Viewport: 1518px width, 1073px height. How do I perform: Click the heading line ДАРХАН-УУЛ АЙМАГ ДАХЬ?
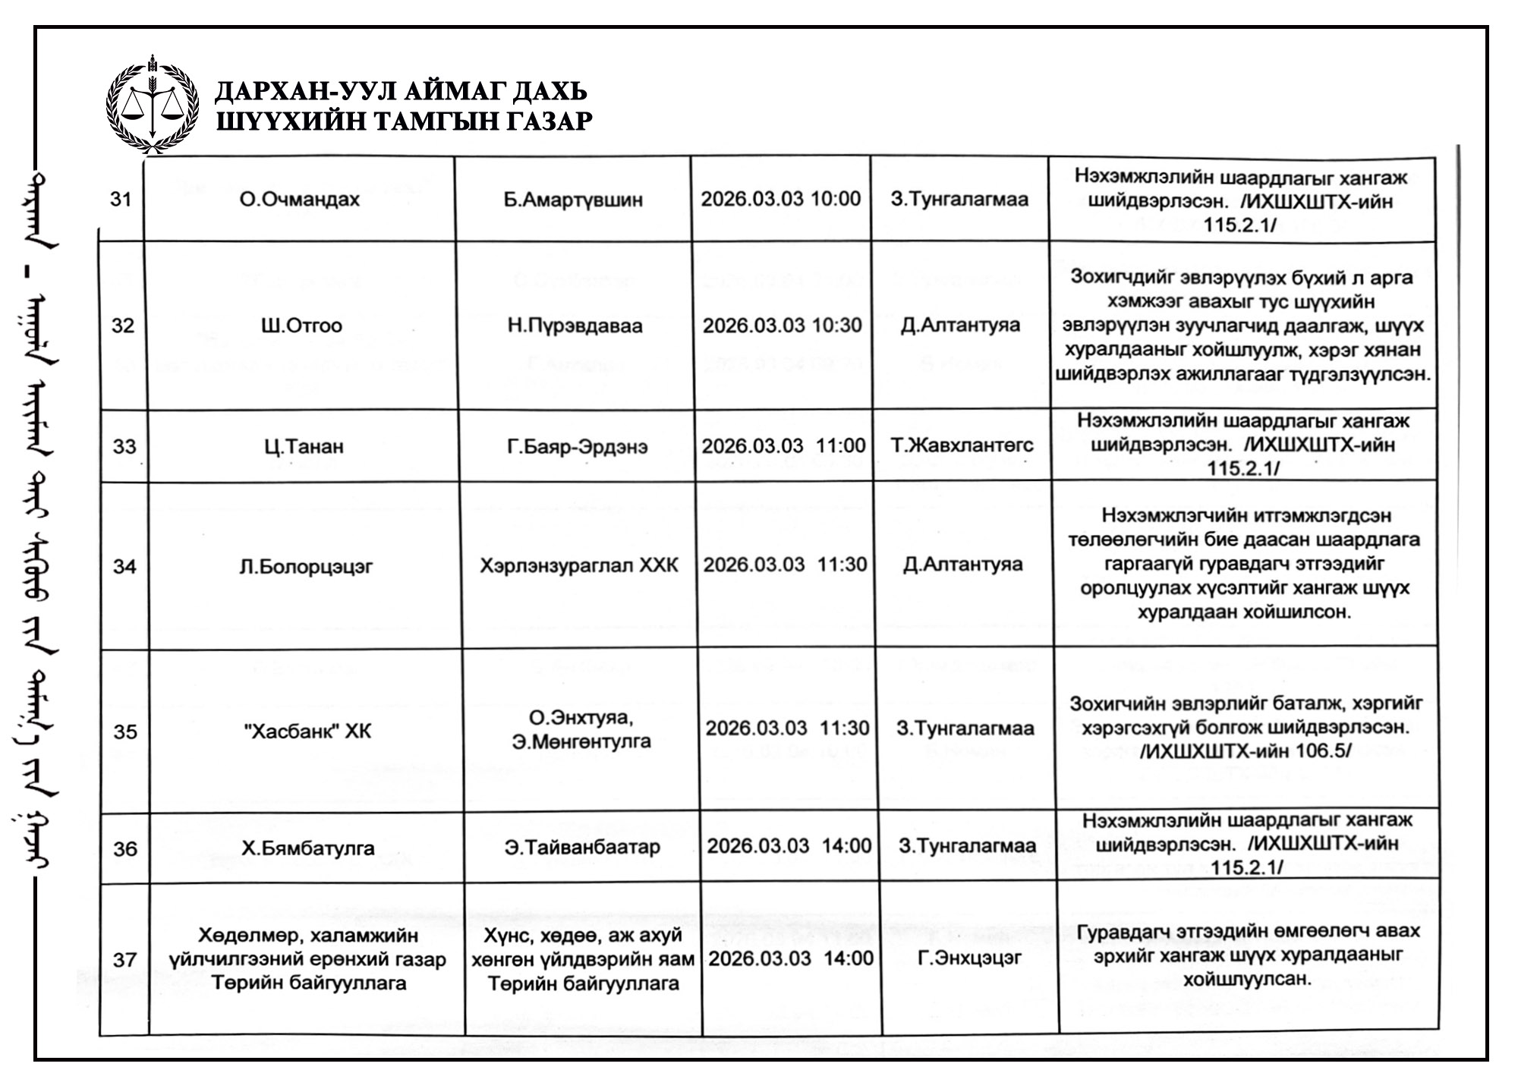tap(402, 92)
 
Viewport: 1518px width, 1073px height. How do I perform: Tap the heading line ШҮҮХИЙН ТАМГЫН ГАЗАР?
tap(404, 121)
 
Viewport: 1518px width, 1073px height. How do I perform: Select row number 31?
tap(121, 200)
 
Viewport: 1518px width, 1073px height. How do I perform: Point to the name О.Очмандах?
tap(300, 200)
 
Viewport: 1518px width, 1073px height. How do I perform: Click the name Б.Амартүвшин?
tap(573, 200)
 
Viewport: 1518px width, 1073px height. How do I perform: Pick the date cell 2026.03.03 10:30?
tap(782, 326)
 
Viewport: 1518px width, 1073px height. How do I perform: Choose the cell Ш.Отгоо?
tap(301, 326)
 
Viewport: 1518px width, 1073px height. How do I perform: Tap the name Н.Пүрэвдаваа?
tap(575, 326)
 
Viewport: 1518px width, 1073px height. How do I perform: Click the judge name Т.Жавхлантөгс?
tap(962, 445)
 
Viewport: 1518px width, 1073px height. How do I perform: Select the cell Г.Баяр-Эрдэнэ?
tap(577, 446)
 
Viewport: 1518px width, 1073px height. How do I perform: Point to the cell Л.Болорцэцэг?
tap(306, 567)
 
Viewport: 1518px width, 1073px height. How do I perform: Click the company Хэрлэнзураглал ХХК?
tap(579, 565)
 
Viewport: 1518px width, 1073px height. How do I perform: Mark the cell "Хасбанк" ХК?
tap(309, 732)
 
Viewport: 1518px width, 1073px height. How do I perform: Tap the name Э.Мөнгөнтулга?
tap(581, 741)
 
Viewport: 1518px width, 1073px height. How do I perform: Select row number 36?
tap(126, 848)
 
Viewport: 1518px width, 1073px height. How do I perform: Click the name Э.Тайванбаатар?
tap(582, 847)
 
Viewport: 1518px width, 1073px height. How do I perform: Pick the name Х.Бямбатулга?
tap(308, 848)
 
